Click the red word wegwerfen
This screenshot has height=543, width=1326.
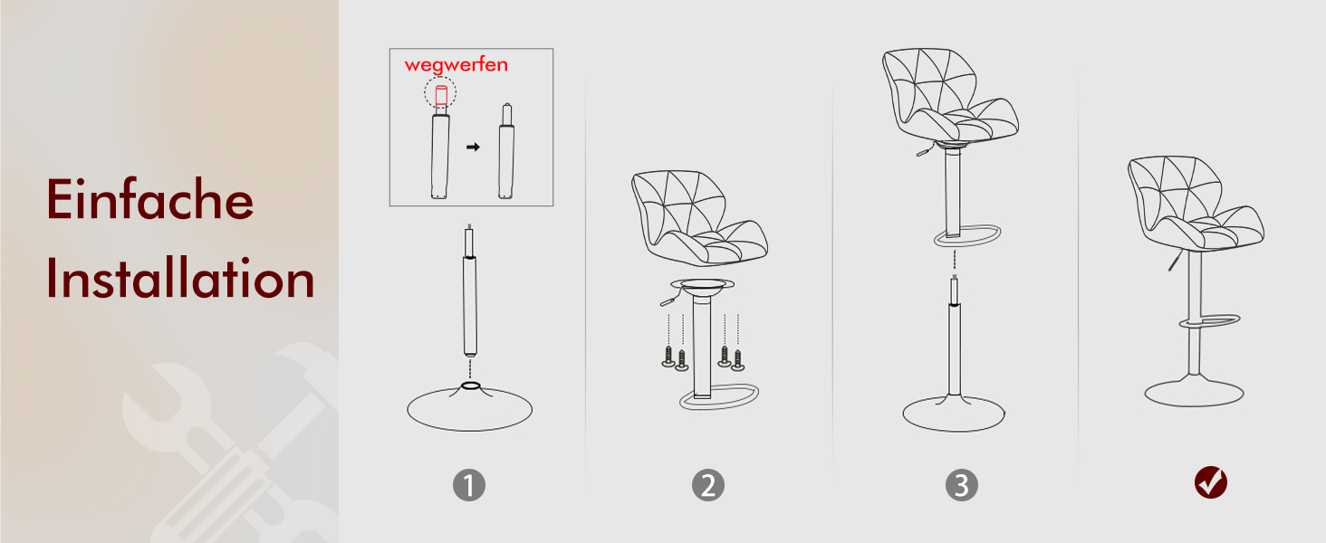456,64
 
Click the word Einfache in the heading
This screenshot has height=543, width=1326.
149,199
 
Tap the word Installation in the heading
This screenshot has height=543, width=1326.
180,278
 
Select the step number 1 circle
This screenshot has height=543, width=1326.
469,485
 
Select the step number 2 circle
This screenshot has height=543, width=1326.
708,485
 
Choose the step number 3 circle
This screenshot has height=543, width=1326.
961,485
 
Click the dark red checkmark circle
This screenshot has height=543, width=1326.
1211,482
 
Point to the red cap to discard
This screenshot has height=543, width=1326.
441,95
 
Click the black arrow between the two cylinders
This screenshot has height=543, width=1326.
473,147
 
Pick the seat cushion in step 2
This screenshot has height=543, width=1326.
699,218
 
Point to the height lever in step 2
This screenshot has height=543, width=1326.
670,299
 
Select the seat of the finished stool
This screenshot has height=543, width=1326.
1196,203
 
